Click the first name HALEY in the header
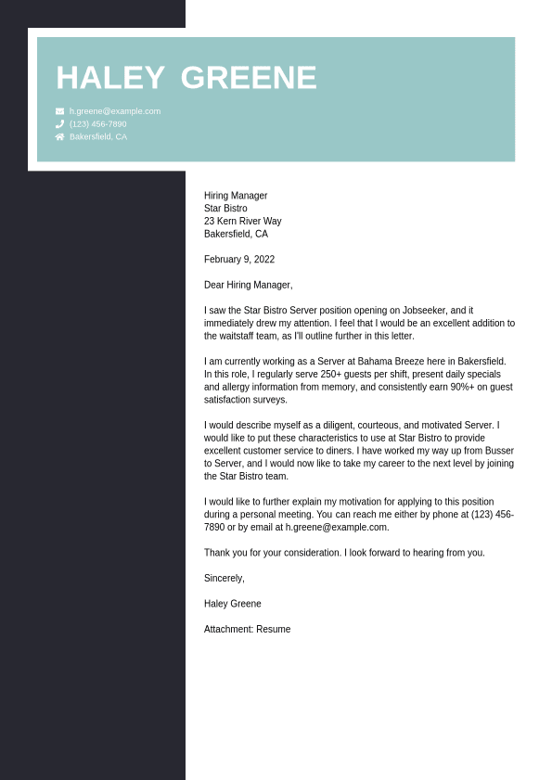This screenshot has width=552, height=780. pos(110,79)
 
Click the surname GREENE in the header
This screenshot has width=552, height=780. pos(249,79)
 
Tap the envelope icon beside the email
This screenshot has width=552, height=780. pos(60,111)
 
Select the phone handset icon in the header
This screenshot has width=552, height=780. pos(60,124)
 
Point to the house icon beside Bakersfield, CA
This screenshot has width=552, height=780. pos(60,137)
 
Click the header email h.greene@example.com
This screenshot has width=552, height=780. pos(115,111)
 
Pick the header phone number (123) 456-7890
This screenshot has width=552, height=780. pos(98,124)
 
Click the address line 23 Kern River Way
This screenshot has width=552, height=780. pos(243,222)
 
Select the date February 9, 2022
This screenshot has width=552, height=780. pos(239,260)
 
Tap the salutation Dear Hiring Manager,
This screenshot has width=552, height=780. pos(249,286)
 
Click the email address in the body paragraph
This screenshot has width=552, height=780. pos(337,527)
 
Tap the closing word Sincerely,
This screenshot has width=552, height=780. pos(225,579)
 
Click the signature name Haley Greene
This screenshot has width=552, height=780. pos(233,604)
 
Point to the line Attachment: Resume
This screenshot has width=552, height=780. pos(248,630)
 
